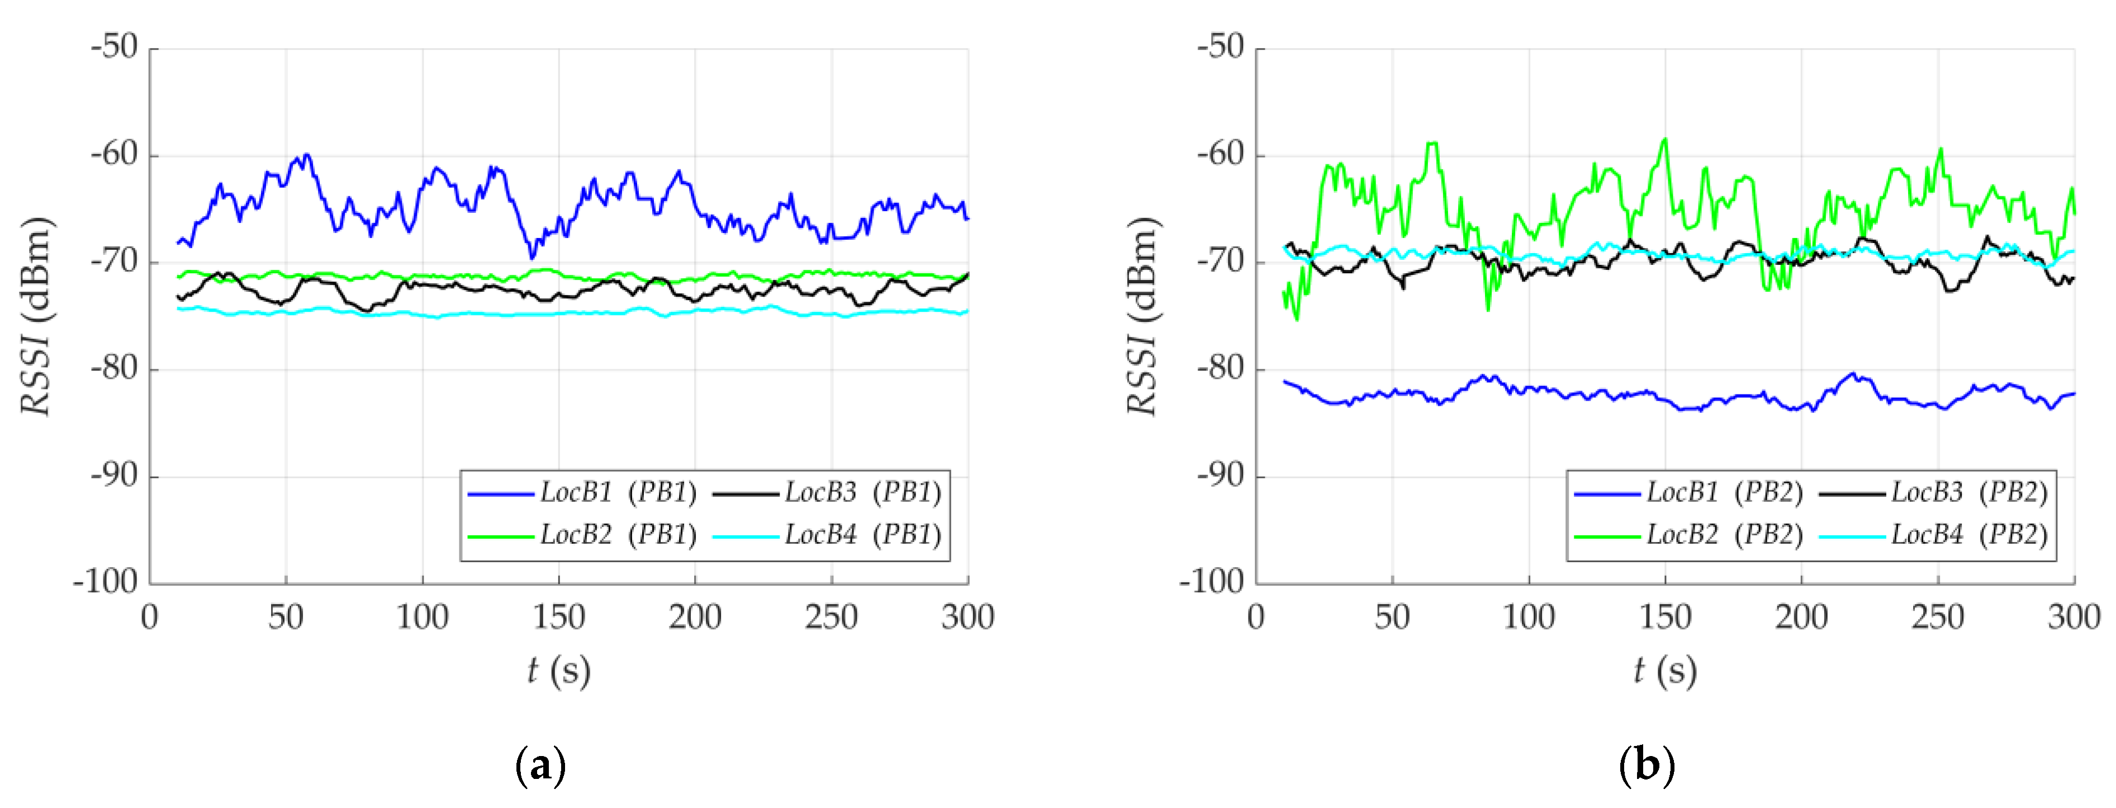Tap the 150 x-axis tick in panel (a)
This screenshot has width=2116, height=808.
[x=558, y=617]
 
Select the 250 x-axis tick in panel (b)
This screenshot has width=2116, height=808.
[x=1938, y=617]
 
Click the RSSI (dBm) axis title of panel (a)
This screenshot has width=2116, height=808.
[x=37, y=316]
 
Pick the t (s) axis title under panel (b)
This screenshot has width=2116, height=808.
[x=1665, y=671]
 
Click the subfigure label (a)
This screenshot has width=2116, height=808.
[x=540, y=766]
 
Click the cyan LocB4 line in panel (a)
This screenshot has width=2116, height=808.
[x=493, y=313]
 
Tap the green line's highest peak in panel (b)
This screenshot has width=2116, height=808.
[x=1665, y=140]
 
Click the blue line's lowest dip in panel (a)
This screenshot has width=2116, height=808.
[x=532, y=257]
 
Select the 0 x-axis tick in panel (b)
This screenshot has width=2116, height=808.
[x=1256, y=617]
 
